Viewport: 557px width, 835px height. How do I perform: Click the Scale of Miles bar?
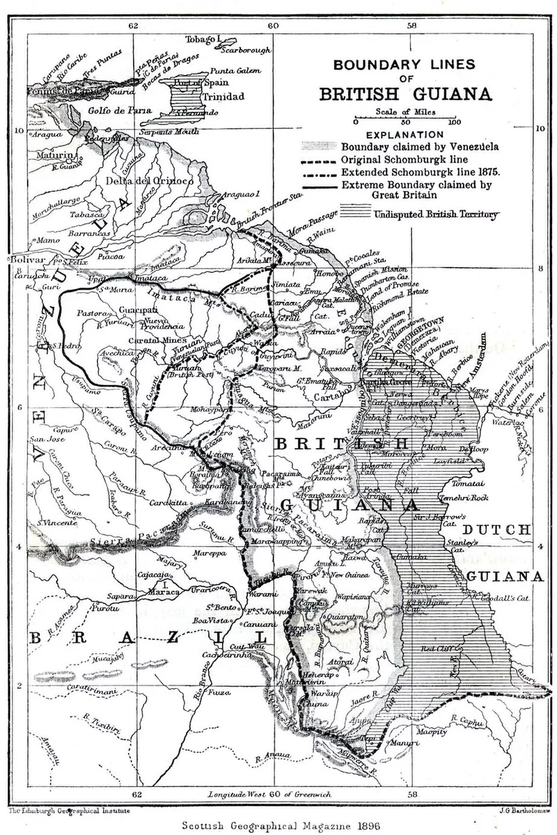point(404,118)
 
